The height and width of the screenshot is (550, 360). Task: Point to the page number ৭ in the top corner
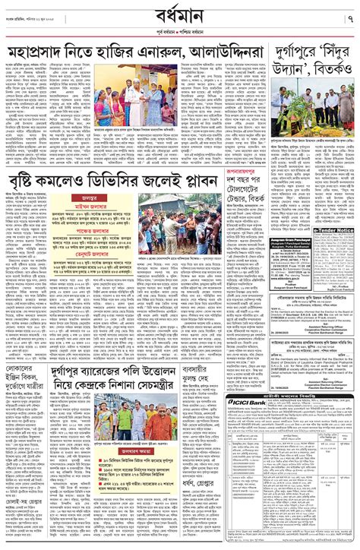[348, 17]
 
